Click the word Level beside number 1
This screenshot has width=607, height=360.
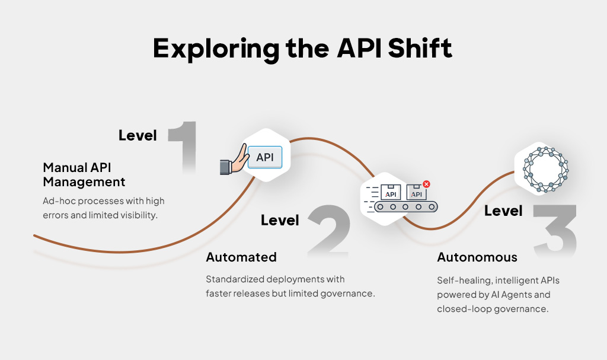[x=138, y=135]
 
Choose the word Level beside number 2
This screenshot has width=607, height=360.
[x=280, y=221]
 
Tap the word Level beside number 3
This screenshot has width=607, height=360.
[x=503, y=211]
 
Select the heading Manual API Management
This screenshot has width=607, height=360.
[x=84, y=174]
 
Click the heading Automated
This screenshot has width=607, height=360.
[x=241, y=257]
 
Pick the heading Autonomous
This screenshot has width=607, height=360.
[x=477, y=257]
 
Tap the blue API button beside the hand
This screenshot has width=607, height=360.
[x=265, y=158]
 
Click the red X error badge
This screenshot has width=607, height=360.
[x=426, y=184]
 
